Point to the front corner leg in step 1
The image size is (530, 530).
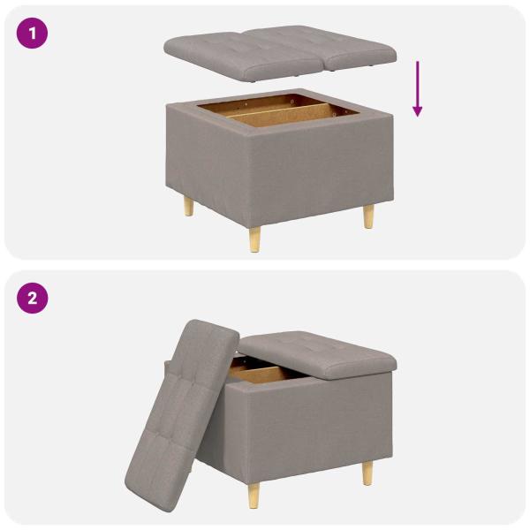(254, 237)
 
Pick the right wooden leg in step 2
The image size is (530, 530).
(367, 473)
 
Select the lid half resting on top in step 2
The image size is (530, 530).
(318, 351)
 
